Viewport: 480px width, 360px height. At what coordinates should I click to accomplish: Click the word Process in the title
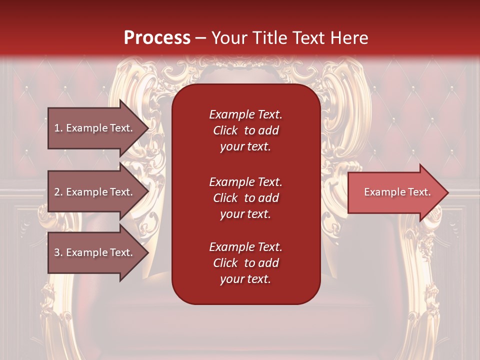click(x=157, y=38)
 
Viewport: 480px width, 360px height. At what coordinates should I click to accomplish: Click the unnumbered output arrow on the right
click(x=397, y=192)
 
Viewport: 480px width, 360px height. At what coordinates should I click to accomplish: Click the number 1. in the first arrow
click(x=58, y=128)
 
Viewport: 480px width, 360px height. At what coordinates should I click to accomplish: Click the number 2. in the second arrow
click(x=58, y=192)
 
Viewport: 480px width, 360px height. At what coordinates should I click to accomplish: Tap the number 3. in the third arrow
click(x=58, y=252)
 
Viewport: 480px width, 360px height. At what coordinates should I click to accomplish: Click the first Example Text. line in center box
click(x=245, y=114)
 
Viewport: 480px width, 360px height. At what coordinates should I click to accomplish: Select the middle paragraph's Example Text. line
click(x=245, y=181)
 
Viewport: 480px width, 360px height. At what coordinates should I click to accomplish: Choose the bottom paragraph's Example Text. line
click(x=245, y=247)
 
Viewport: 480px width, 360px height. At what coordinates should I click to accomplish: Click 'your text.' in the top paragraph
click(x=245, y=147)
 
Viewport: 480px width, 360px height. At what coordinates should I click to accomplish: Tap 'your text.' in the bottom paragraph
click(x=245, y=279)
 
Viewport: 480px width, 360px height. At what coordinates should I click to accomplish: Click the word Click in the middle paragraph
click(x=225, y=198)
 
